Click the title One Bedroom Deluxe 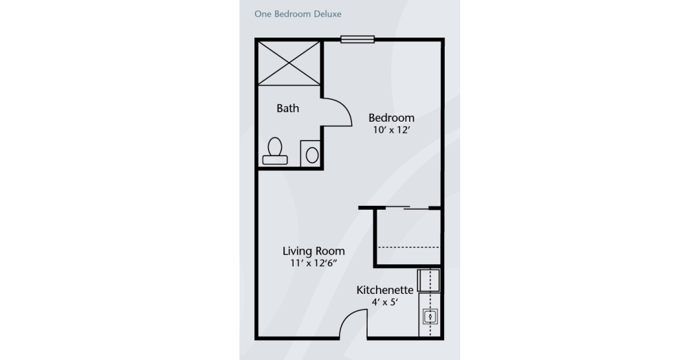[x=298, y=14]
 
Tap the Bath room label [x=287, y=108]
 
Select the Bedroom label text [x=392, y=118]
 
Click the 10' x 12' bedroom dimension [x=392, y=130]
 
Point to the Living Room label [x=313, y=251]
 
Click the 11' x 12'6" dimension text [x=313, y=263]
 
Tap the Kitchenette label [x=384, y=290]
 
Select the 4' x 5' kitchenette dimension [x=384, y=302]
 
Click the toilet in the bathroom [x=274, y=152]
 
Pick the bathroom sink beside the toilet [x=311, y=154]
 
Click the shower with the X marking [x=289, y=63]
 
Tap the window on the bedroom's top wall [x=357, y=39]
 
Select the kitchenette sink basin [x=430, y=316]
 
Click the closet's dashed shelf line [x=409, y=247]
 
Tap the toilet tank [x=274, y=160]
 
